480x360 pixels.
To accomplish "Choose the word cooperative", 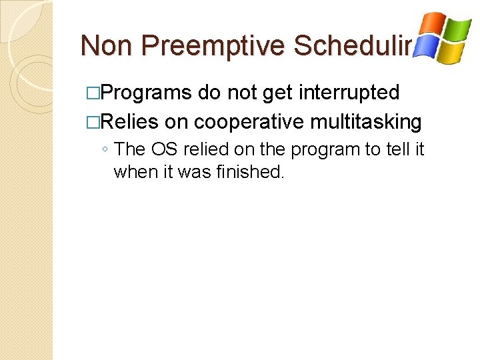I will pos(249,122).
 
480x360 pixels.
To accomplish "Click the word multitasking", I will pos(367,122).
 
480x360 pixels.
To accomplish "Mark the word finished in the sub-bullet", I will pos(251,171).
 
